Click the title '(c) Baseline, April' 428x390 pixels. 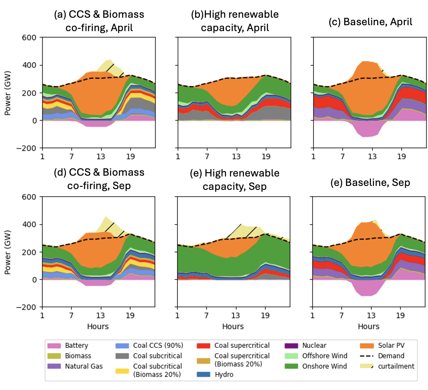(x=370, y=22)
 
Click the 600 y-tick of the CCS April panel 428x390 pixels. (x=31, y=37)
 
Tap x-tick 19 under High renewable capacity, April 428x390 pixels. (x=266, y=156)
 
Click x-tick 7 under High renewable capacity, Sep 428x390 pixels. (x=207, y=316)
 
